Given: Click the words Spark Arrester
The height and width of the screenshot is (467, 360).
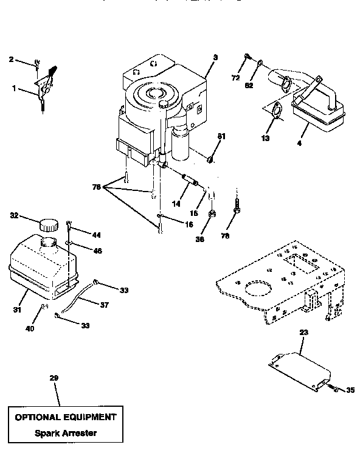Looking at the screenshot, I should tap(64, 434).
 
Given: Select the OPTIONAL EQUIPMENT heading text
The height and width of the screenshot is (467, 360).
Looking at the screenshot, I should tap(64, 417).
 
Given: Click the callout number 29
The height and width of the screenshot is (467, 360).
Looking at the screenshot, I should tap(54, 379).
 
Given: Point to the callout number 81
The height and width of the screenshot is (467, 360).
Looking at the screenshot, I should tap(221, 136).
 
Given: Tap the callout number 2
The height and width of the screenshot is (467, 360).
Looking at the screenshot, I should tap(10, 59).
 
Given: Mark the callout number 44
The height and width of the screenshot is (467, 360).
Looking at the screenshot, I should tap(96, 235).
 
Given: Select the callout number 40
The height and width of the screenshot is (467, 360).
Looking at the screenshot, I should tap(30, 328).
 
